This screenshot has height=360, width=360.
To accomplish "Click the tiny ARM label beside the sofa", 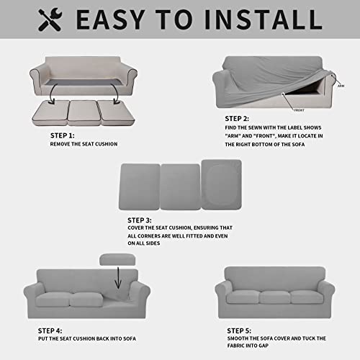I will coord(340,85).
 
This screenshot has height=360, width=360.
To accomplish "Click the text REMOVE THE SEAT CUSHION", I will coord(84,144).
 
